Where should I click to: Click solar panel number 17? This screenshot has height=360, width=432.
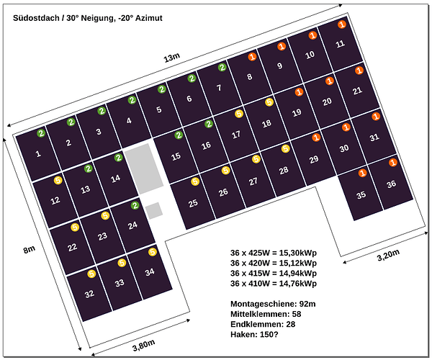coord(236,135)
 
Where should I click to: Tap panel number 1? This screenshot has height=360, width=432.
coord(38,153)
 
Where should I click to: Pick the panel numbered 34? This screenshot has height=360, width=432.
coord(150,272)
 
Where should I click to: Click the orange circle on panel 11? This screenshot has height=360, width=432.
coord(341,24)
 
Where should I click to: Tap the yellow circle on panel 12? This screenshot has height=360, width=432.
coord(58,181)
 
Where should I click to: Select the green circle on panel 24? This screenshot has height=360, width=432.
coord(135,205)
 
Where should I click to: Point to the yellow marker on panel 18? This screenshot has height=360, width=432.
coord(269,102)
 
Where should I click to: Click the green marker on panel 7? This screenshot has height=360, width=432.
coord(222,67)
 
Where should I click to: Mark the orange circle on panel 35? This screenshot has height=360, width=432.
coord(362,173)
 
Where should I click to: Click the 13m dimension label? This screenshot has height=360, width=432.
coord(171,58)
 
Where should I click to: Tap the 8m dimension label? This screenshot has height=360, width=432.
coord(30,250)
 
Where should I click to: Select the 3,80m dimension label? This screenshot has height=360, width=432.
coord(144,345)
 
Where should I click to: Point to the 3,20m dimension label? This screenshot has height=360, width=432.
coord(388,255)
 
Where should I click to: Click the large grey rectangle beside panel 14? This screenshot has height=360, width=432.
coord(144,168)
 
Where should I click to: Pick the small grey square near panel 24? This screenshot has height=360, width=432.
coord(154,211)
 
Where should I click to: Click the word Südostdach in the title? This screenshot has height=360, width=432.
coord(36,18)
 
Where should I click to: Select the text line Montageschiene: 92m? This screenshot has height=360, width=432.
coord(273,304)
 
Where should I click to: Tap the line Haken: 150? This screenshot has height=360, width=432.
coord(254,334)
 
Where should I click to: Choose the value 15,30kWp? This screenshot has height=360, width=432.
coord(298,253)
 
